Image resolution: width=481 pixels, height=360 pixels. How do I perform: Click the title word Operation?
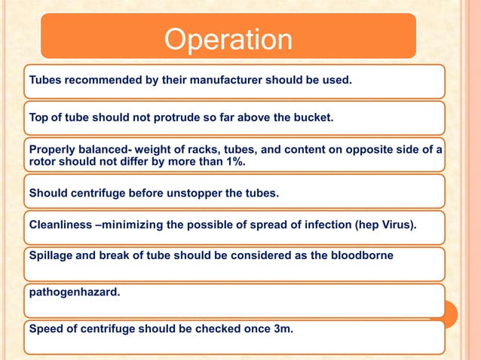pos(228,40)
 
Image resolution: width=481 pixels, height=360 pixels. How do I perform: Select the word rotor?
pos(43,162)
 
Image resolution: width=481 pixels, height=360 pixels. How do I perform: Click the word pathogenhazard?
pos(74,291)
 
